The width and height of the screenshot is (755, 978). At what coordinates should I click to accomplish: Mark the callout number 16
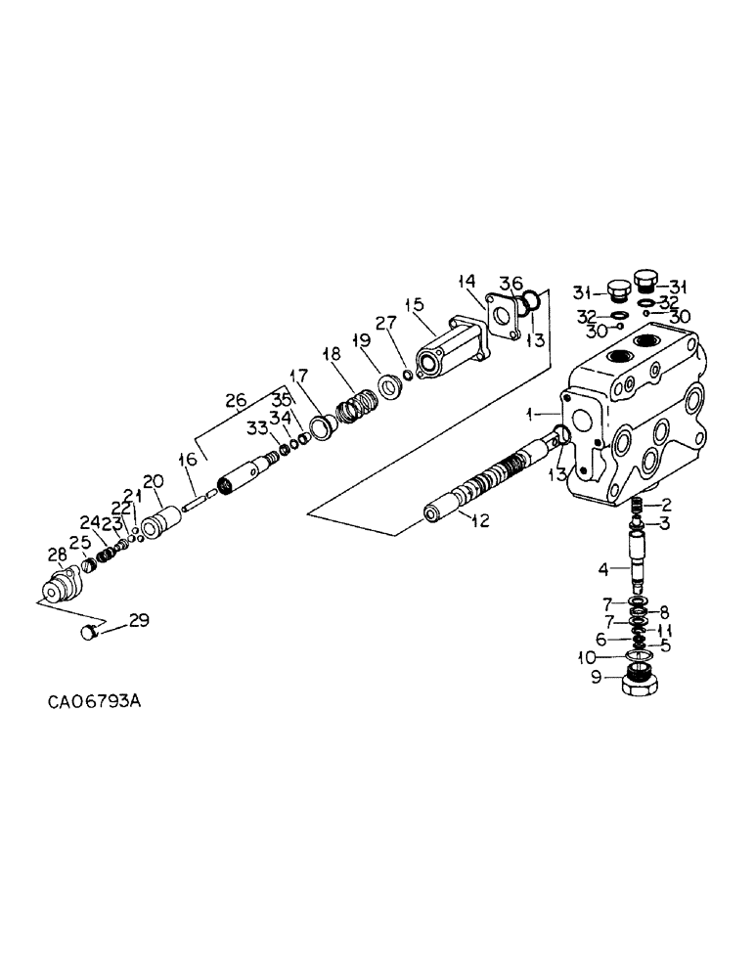coord(188,459)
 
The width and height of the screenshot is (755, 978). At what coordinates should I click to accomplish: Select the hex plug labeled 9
coord(643,681)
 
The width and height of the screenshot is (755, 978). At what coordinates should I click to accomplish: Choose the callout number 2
coord(666,505)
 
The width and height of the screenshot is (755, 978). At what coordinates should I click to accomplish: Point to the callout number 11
coord(664,630)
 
